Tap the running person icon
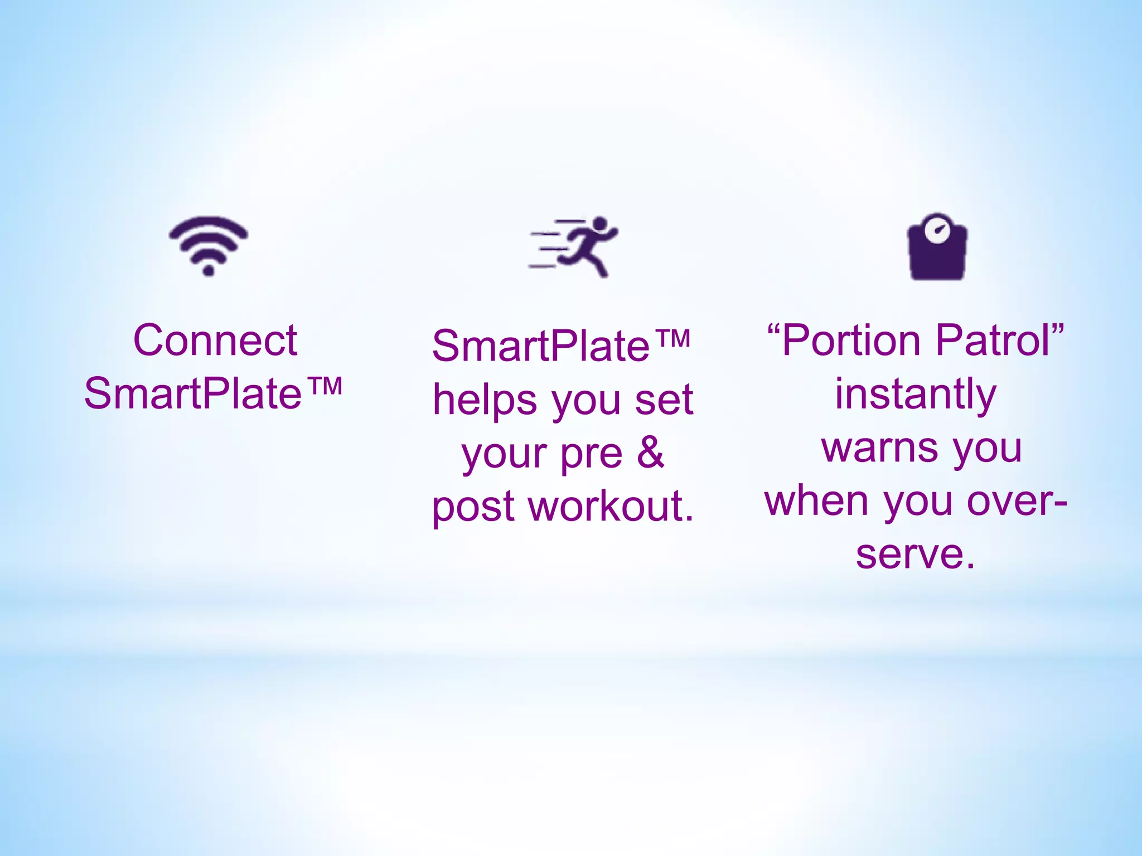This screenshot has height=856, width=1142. pos(574,246)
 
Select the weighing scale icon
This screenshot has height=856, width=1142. pos(937,247)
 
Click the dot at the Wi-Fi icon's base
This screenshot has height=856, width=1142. pos(209,271)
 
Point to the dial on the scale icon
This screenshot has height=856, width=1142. pos(937,230)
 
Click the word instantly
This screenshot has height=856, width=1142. pos(915,394)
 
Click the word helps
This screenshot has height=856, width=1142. pos(485,400)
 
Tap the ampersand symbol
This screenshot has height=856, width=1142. pos(651,453)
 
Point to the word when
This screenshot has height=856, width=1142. pos(816,501)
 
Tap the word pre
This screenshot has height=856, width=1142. pos(591,454)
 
